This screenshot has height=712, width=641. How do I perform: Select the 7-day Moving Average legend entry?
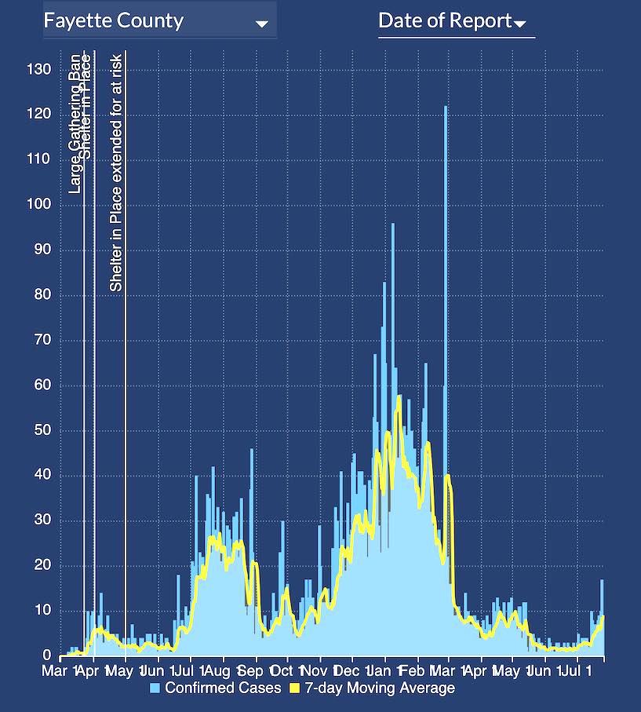pos(372,688)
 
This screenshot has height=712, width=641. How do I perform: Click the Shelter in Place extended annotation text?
pos(116,173)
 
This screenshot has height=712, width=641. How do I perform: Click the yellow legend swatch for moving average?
pos(295,688)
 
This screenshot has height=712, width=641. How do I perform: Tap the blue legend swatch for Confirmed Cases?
pos(155,688)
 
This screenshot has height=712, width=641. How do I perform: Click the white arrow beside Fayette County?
pos(262,24)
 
